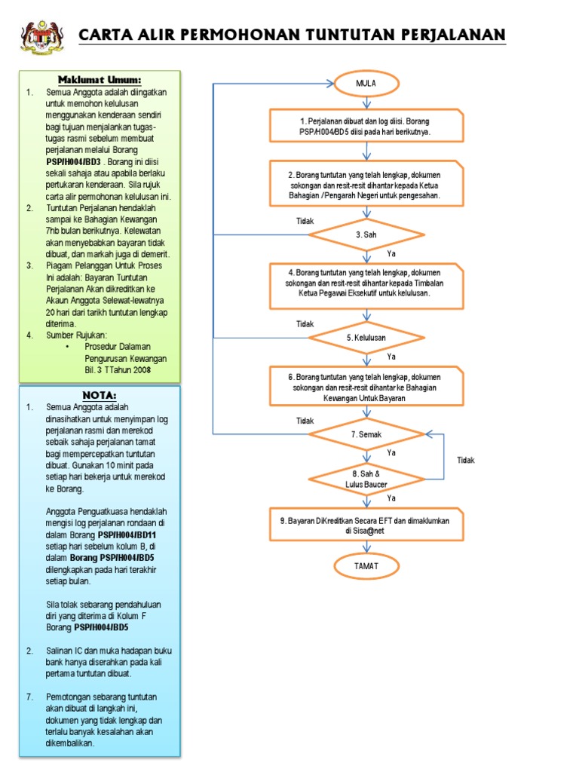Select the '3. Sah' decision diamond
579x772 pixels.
(366, 235)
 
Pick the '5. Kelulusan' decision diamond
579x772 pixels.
(366, 338)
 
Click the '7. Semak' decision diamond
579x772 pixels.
(366, 436)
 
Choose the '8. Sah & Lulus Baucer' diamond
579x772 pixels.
(366, 478)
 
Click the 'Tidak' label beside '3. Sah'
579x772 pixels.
(305, 222)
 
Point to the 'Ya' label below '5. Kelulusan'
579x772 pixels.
(391, 356)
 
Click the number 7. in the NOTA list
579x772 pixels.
(30, 697)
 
